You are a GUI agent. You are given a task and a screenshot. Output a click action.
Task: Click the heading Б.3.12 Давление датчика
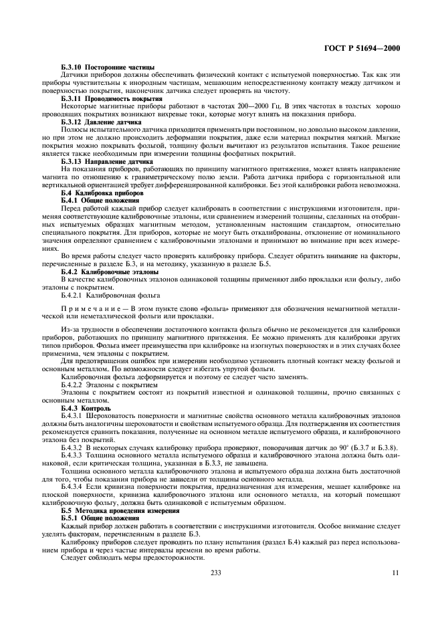click(x=102, y=122)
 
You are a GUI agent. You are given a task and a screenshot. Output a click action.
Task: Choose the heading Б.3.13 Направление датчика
click(x=107, y=162)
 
